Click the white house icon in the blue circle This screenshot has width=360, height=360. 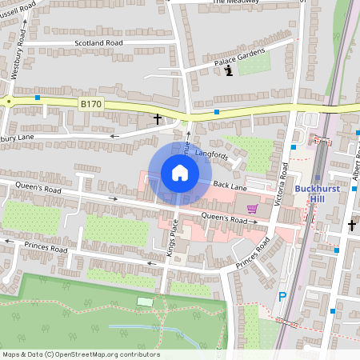coord(180,173)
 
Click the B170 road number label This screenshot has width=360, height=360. coord(90,103)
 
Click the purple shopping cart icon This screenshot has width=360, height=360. coord(253,209)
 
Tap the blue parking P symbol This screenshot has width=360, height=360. coord(282,296)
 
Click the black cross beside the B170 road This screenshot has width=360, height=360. coord(158,119)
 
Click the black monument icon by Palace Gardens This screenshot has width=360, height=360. coord(230,71)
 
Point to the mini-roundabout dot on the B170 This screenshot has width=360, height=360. coord(9,101)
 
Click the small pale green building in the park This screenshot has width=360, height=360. coord(144,302)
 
